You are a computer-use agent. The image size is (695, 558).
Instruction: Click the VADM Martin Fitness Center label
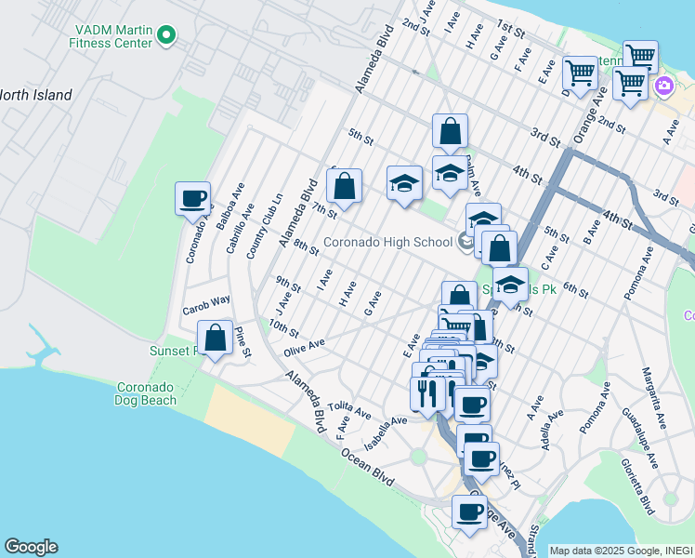112,35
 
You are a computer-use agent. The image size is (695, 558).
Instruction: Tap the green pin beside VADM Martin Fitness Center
167,35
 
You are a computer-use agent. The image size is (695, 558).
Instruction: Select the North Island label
35,95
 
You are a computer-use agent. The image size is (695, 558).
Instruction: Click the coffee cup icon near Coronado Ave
193,198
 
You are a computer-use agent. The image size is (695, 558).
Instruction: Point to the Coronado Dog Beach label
146,393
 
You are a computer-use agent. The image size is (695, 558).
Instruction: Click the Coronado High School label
387,243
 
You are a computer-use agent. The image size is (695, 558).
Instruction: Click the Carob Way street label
205,303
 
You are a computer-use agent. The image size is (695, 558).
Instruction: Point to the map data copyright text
621,550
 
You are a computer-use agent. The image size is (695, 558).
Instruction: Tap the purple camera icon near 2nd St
664,86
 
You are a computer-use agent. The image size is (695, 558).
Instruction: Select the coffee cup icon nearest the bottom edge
469,511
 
